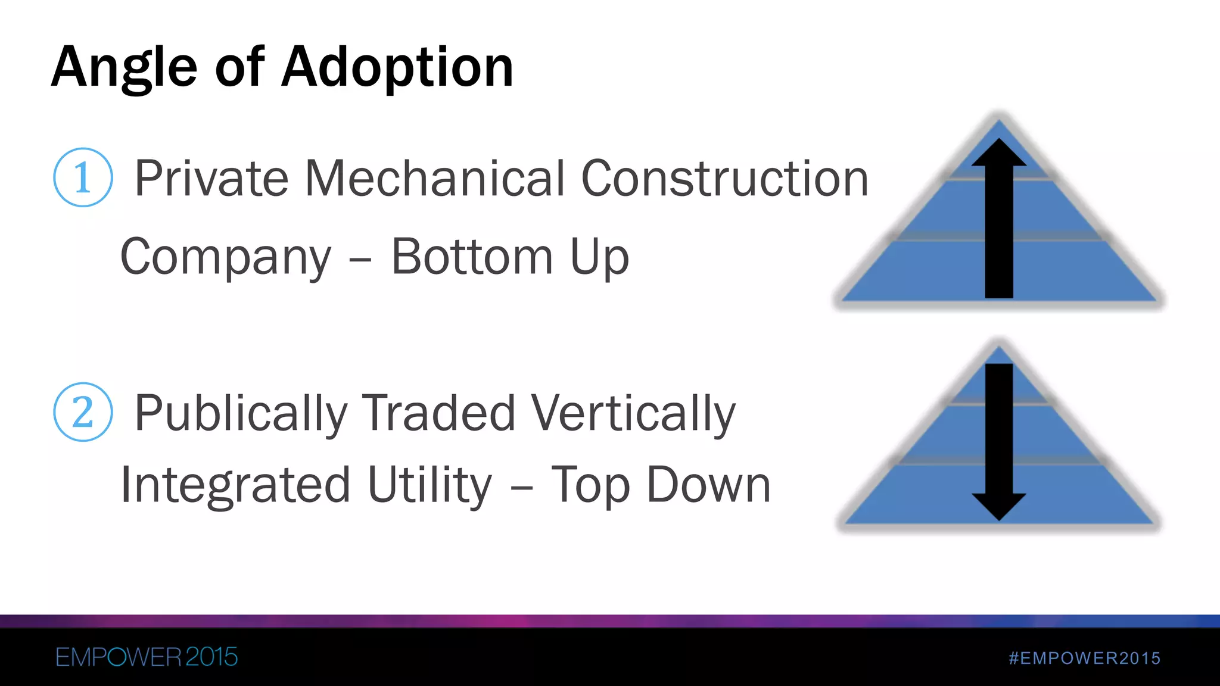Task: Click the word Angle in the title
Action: [x=124, y=68]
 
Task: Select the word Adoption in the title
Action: [x=397, y=68]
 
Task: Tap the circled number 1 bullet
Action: [x=83, y=177]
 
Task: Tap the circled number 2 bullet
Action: [x=83, y=412]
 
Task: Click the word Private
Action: [x=211, y=178]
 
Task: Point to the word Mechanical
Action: [x=434, y=178]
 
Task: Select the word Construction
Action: [x=724, y=178]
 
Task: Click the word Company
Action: [x=226, y=258]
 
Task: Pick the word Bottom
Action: [x=472, y=257]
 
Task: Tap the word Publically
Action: [x=241, y=414]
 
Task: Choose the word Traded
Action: [x=440, y=413]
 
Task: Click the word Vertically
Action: [x=633, y=414]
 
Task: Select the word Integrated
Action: [x=235, y=485]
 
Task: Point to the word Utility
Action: [x=430, y=486]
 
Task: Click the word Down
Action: [x=708, y=485]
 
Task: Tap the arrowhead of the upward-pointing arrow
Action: [x=999, y=152]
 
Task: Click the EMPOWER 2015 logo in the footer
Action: [x=147, y=657]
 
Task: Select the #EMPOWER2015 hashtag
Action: [x=1085, y=658]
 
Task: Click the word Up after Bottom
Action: [x=599, y=258]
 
